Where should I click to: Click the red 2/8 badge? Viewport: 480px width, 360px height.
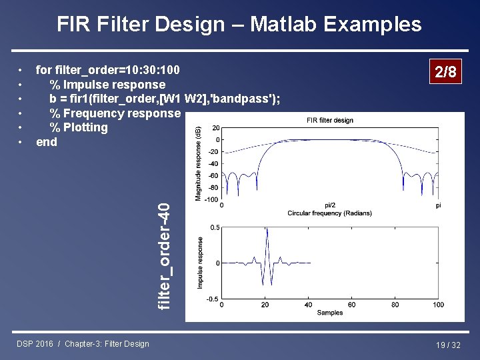(x=445, y=72)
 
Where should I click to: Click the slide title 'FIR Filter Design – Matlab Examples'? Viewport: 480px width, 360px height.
(x=239, y=25)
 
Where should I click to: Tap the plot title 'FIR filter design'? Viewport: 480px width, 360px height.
(x=330, y=120)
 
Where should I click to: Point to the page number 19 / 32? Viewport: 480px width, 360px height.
(x=447, y=345)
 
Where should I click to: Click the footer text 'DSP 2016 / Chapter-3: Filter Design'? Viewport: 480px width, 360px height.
(x=83, y=344)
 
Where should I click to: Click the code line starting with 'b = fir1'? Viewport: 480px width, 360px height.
(x=164, y=99)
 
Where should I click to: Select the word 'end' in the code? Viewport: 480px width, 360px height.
(x=47, y=142)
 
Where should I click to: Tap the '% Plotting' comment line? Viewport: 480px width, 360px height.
(x=78, y=127)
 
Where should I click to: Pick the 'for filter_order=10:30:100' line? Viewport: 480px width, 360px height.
(x=107, y=70)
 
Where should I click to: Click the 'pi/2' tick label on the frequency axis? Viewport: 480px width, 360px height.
(x=330, y=205)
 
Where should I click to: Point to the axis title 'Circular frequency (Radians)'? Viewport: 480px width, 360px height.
(x=330, y=213)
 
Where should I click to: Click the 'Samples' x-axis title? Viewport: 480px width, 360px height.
(x=330, y=313)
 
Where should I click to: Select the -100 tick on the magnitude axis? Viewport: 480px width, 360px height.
(x=211, y=199)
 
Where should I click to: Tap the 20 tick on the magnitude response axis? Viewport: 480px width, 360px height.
(x=216, y=128)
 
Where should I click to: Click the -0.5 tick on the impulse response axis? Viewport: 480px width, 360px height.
(x=212, y=299)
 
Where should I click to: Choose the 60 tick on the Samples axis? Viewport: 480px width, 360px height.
(x=352, y=305)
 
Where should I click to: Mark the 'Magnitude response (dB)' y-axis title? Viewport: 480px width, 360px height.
(x=198, y=163)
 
